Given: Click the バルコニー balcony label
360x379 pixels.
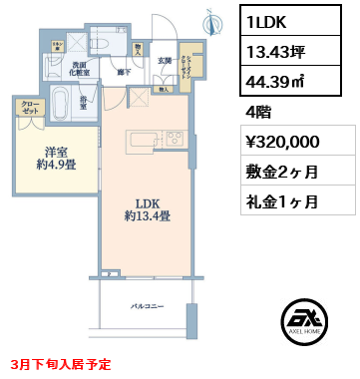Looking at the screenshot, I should (146, 305).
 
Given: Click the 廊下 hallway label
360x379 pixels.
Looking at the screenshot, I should (125, 73).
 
